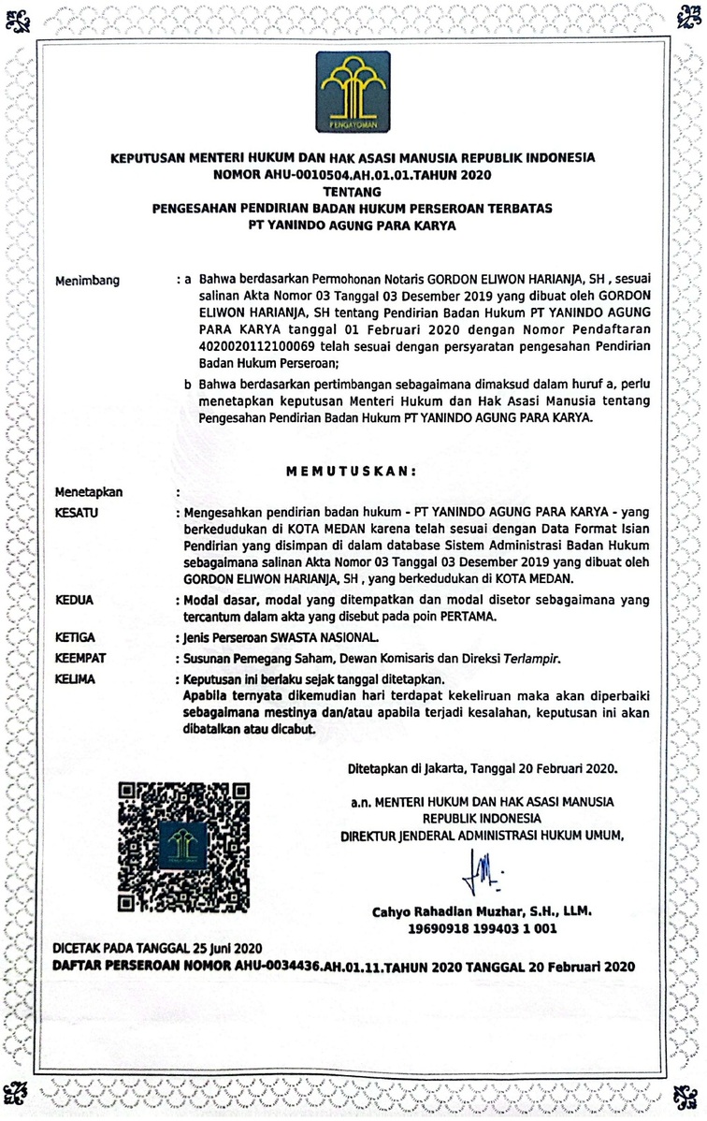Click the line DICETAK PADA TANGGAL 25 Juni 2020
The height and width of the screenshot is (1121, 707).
(157, 948)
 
